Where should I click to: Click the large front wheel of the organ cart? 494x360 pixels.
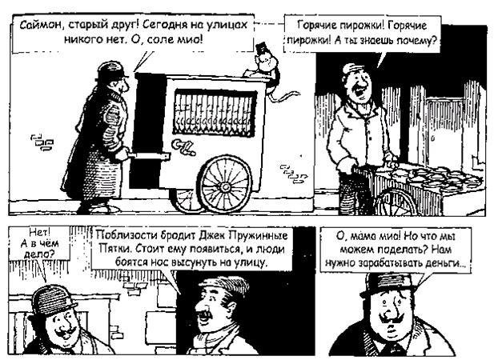point(225,185)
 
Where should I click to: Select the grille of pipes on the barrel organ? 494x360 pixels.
point(215,114)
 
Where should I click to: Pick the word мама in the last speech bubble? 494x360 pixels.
point(362,236)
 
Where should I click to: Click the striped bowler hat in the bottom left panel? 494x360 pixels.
point(51,300)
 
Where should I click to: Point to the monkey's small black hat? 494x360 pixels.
point(261,49)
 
